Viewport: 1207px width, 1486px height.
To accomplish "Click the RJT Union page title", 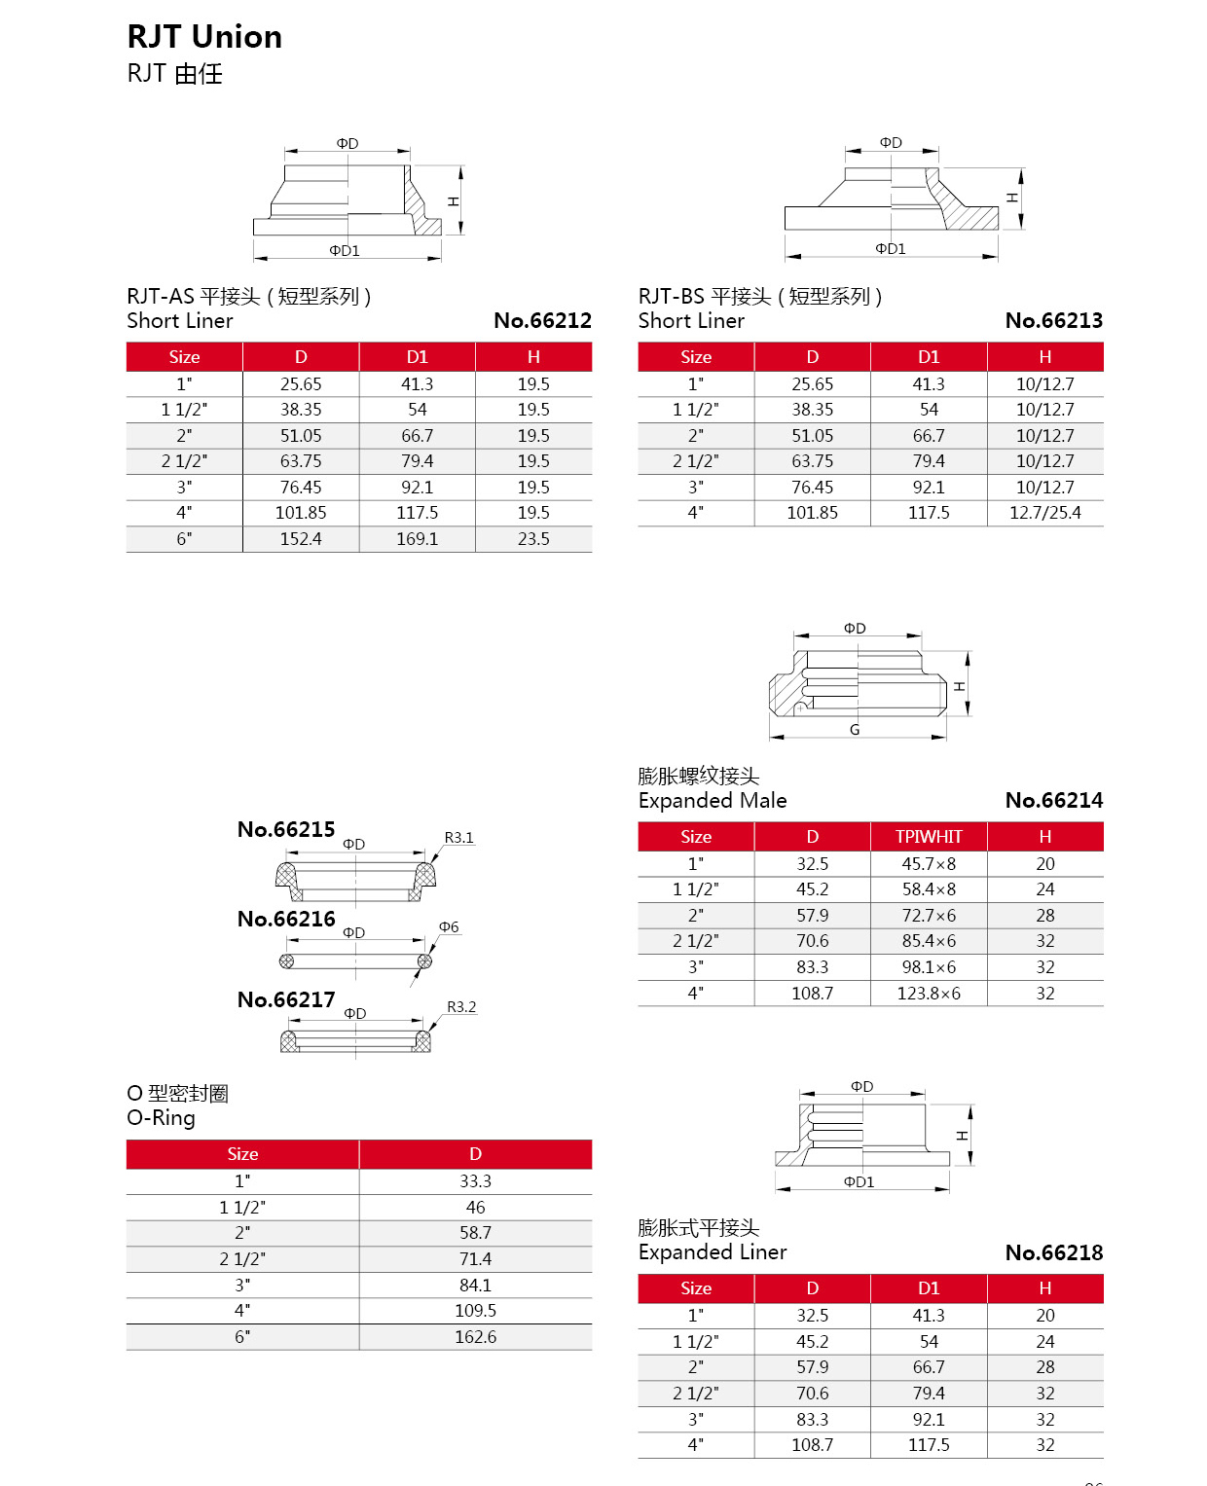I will [204, 37].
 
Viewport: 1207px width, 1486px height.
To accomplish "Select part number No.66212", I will [542, 320].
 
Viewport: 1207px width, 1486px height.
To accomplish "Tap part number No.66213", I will [1053, 320].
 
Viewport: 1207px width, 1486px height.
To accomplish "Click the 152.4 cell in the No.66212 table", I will [301, 539].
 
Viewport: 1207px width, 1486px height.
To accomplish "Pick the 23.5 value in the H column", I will [533, 539].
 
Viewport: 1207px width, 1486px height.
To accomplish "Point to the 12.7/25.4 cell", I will [1044, 513].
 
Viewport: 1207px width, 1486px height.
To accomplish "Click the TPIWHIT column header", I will [929, 837].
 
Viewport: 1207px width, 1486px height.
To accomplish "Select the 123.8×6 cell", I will [929, 994].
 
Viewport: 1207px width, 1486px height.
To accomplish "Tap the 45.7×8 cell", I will [929, 864].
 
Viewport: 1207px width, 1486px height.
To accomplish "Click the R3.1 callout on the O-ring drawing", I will [458, 838].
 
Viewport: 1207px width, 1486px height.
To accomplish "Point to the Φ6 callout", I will [449, 927].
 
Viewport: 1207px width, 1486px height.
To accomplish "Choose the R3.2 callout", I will [461, 1007].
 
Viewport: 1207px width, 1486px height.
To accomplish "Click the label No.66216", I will [286, 920].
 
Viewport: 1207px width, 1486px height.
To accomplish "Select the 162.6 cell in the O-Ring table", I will [475, 1337].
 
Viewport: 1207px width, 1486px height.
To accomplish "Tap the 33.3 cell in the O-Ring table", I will [475, 1181].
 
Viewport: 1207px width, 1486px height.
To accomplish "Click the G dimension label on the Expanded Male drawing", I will [855, 730].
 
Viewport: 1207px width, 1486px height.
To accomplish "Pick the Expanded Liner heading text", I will [713, 1252].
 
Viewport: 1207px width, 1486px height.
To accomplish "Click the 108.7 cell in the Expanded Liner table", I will [812, 1445].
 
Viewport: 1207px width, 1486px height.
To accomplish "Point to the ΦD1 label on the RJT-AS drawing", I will [345, 251].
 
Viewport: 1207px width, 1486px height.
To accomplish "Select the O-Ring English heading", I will [162, 1118].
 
